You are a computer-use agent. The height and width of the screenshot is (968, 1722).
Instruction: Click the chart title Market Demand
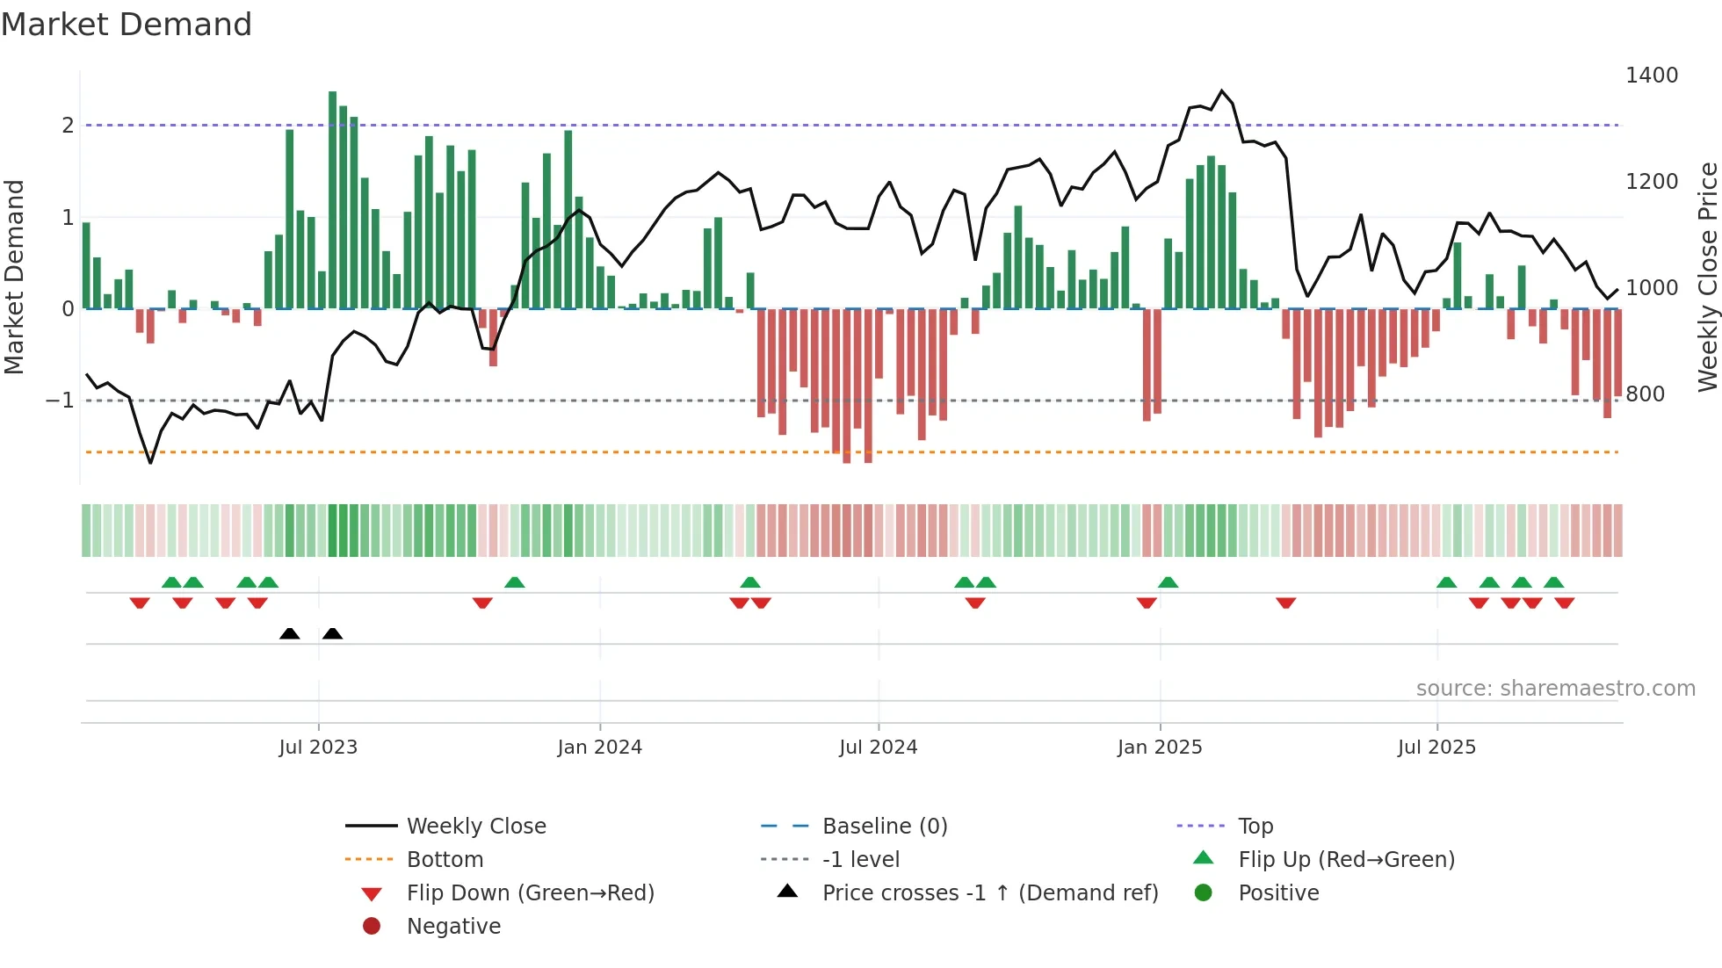127,25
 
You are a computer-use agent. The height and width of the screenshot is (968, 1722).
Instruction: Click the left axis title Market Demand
15,277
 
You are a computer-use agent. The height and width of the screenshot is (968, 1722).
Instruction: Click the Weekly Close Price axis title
1707,277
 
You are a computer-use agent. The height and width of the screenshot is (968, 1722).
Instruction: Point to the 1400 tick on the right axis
1651,76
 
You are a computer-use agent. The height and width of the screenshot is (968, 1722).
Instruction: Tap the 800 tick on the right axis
1645,394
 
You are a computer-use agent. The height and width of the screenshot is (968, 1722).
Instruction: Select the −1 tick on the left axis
60,401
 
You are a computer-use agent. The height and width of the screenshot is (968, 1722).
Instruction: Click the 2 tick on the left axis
68,126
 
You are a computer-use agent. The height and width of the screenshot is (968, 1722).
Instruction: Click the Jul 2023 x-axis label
318,748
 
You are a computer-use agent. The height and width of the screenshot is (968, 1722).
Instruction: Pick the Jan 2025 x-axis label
1160,748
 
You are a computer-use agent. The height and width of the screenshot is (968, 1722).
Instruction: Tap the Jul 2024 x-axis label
878,748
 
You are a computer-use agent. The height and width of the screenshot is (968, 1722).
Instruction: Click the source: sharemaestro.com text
1555,689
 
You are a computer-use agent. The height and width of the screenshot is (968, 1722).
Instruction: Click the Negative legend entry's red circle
372,927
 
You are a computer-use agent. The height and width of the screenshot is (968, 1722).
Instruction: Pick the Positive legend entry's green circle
1204,893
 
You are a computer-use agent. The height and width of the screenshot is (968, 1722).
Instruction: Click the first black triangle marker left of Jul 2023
289,633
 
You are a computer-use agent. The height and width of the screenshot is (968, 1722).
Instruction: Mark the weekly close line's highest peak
1222,90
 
